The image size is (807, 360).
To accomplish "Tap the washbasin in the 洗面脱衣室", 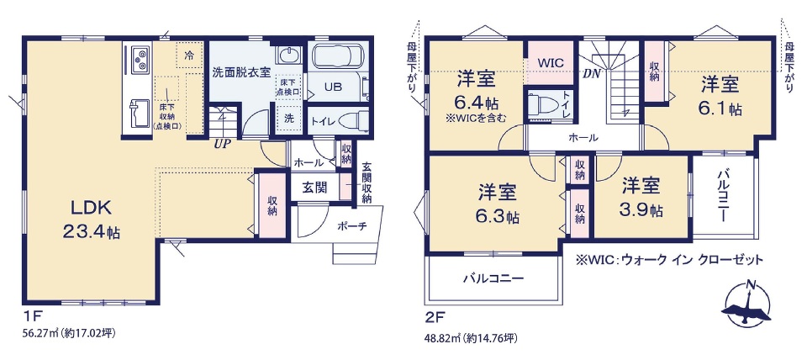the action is [x=290, y=54].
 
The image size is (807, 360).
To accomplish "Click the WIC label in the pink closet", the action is [x=551, y=62].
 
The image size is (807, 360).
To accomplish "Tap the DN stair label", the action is [x=592, y=74].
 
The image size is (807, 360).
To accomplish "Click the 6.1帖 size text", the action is [x=720, y=109].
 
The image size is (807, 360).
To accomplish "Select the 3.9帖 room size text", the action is [x=641, y=209].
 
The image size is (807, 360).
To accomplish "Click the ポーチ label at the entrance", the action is [x=352, y=225].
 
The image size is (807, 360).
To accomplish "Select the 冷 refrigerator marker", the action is [x=189, y=56].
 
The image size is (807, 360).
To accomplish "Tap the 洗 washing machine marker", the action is [x=290, y=119].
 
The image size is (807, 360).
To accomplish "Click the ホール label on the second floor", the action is [x=583, y=138].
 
